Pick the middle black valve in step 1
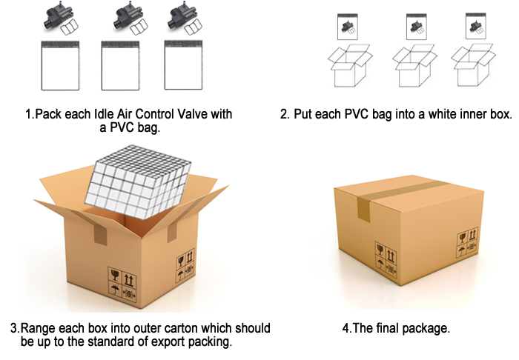pos(128,17)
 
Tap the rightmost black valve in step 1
pos(182,17)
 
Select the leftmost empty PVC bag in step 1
pos(60,65)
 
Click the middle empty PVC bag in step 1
pos(120,65)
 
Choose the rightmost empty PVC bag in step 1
pos(183,65)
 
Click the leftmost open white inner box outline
pos(350,66)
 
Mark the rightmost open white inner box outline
pos(473,65)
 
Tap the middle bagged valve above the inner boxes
pos(417,27)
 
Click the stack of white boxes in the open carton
pos(138,181)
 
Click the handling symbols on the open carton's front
pos(122,284)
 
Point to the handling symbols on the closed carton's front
pos(386,259)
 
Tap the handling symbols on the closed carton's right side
pos(468,243)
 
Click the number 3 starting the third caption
pos(14,328)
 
